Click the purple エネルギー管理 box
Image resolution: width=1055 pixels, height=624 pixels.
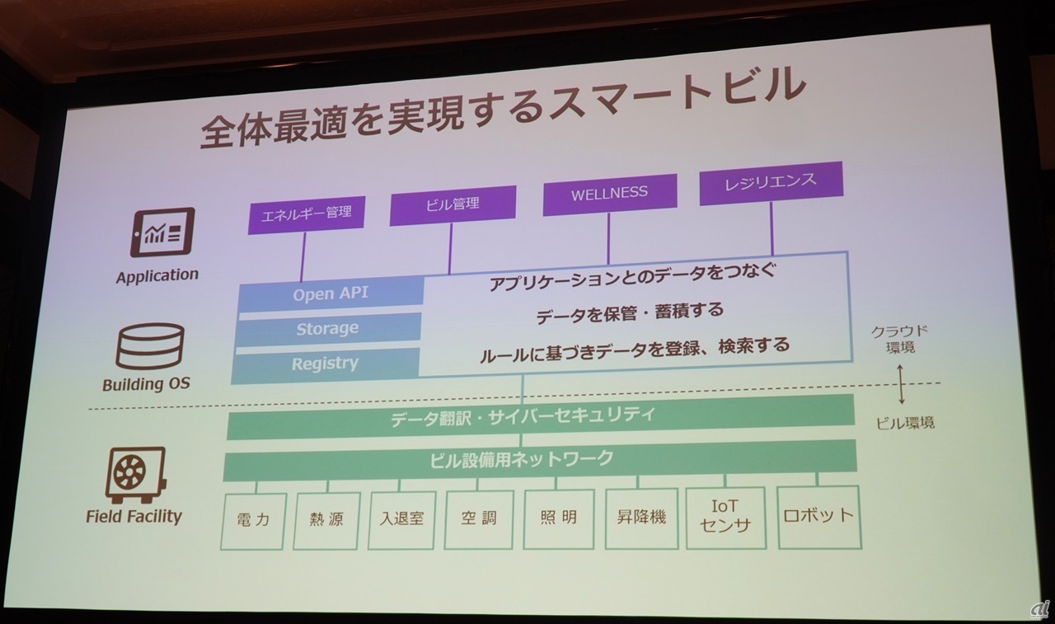[306, 213]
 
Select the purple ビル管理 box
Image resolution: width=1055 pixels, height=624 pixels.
[452, 204]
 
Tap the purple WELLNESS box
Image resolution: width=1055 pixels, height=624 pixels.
[609, 195]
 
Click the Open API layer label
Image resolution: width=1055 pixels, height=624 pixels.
[331, 293]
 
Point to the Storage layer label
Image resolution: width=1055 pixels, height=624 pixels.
[328, 328]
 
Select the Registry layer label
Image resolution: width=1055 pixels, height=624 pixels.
[326, 363]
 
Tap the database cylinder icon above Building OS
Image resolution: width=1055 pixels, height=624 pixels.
[148, 347]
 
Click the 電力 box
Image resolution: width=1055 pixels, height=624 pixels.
[254, 521]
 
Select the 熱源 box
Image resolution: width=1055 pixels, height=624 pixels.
[326, 521]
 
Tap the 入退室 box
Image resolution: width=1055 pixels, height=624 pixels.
[401, 520]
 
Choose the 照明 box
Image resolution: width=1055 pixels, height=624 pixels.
[559, 518]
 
